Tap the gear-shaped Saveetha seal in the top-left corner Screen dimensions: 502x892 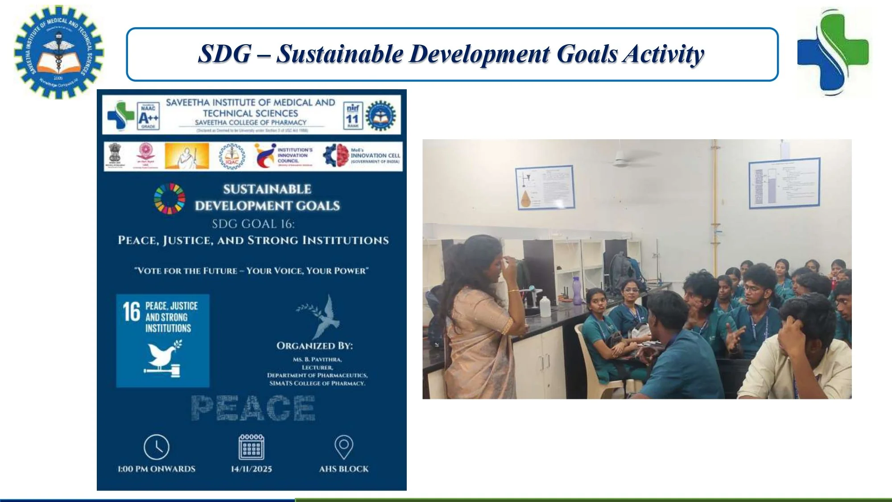[x=58, y=51]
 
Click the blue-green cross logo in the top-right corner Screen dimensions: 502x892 [x=833, y=52]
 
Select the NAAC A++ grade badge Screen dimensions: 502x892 [x=148, y=116]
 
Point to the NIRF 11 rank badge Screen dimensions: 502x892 [x=352, y=115]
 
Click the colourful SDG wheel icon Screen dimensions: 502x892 [x=169, y=199]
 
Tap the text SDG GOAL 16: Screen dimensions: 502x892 [x=253, y=224]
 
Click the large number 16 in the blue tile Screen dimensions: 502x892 [x=131, y=311]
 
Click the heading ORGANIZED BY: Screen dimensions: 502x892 [x=314, y=346]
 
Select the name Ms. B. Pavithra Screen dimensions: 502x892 [x=317, y=359]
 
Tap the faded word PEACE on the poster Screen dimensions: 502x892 [x=253, y=408]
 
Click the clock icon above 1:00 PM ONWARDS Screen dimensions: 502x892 [x=157, y=447]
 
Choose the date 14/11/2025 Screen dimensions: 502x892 [x=251, y=469]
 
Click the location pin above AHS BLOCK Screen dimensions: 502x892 [x=344, y=446]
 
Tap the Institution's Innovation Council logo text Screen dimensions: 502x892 [x=295, y=155]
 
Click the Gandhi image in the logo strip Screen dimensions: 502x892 [x=186, y=156]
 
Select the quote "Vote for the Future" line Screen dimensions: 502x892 [x=251, y=270]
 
